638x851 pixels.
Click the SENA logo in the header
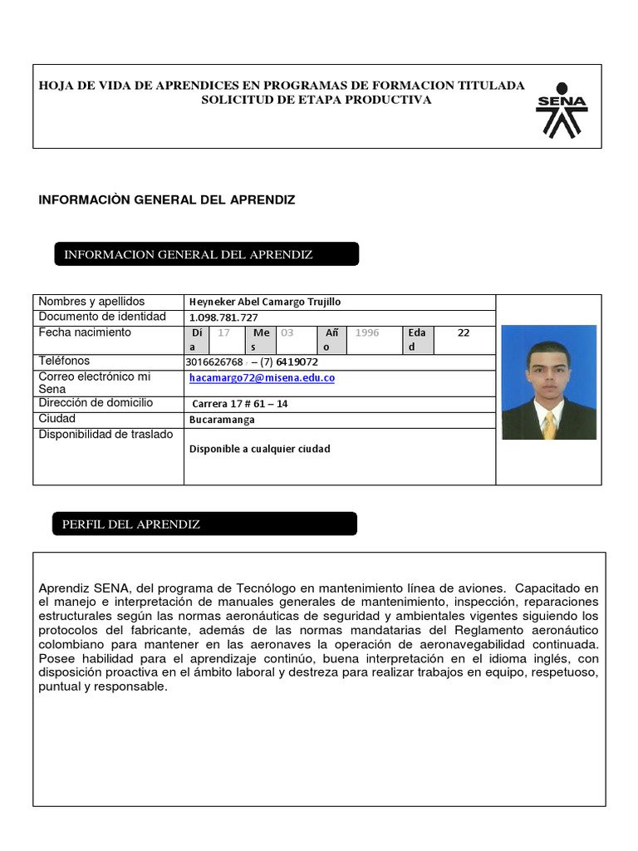click(x=562, y=109)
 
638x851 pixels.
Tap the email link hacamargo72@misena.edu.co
click(x=262, y=377)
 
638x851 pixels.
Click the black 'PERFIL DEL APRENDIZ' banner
click(x=205, y=524)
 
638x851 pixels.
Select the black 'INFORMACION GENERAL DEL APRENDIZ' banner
click(x=206, y=254)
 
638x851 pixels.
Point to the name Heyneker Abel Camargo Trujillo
click(x=265, y=303)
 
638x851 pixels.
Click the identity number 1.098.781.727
click(x=223, y=317)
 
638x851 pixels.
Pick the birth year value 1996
click(x=366, y=332)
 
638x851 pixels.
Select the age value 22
click(x=464, y=332)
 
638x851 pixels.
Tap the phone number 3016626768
click(x=216, y=362)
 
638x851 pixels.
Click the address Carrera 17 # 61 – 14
click(x=240, y=404)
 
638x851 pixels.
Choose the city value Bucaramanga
click(x=222, y=420)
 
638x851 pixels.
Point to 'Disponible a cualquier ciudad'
click(x=259, y=449)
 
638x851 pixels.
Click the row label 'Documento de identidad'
click(x=102, y=317)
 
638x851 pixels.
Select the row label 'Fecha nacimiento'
click(x=85, y=332)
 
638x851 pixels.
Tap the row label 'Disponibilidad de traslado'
click(x=106, y=434)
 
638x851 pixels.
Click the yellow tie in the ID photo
click(x=548, y=425)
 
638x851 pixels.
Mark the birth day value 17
click(x=223, y=332)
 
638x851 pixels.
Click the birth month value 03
click(x=287, y=332)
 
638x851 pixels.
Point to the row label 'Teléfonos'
click(x=64, y=361)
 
